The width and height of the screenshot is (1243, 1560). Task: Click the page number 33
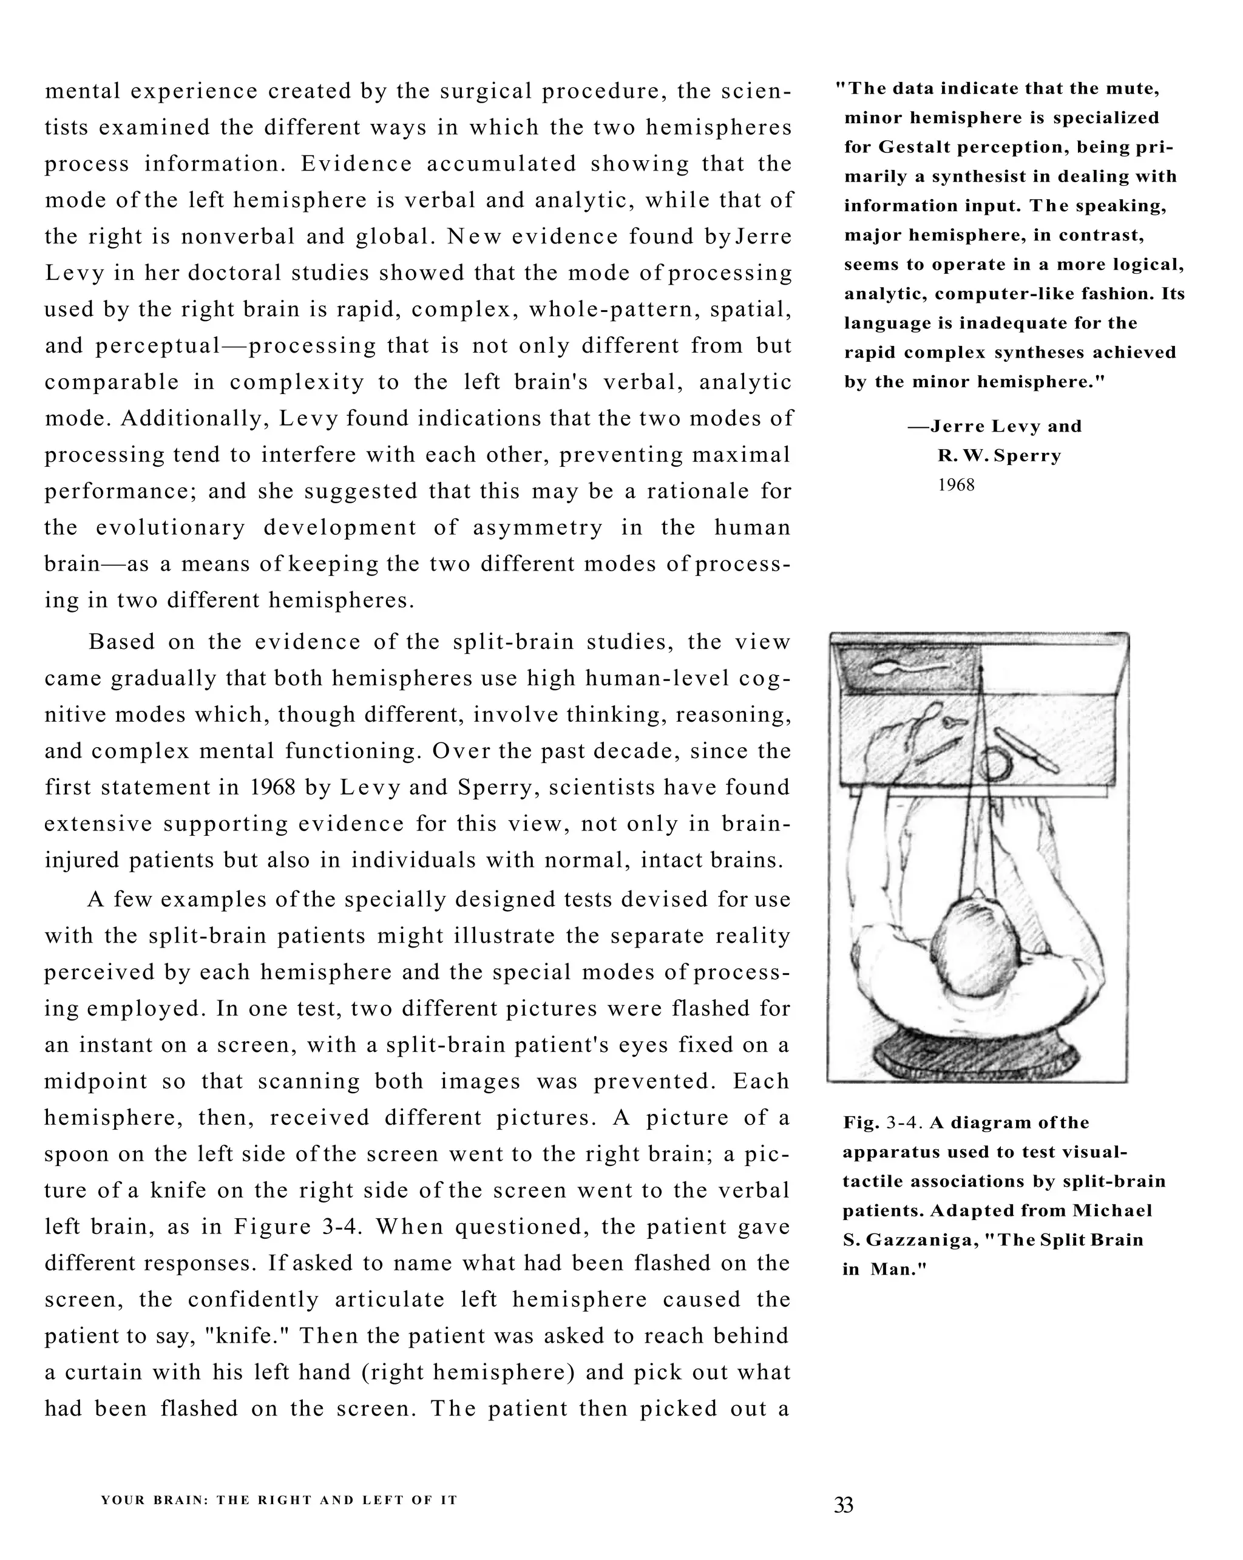click(x=843, y=1505)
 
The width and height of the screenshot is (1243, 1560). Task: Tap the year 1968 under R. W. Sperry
click(x=956, y=486)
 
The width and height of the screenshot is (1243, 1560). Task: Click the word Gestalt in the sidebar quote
click(x=915, y=148)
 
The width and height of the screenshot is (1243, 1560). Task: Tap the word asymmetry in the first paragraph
click(x=538, y=527)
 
